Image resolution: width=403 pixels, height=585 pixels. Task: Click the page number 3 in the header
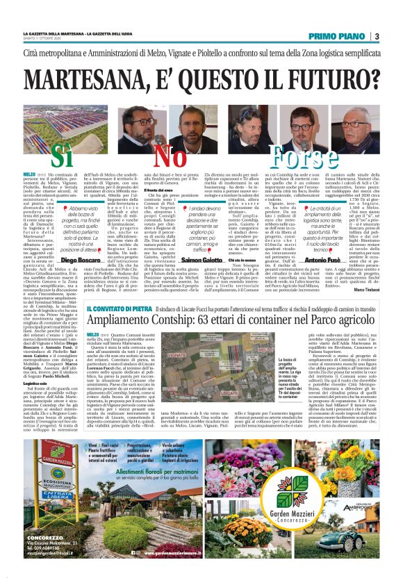(376, 36)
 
